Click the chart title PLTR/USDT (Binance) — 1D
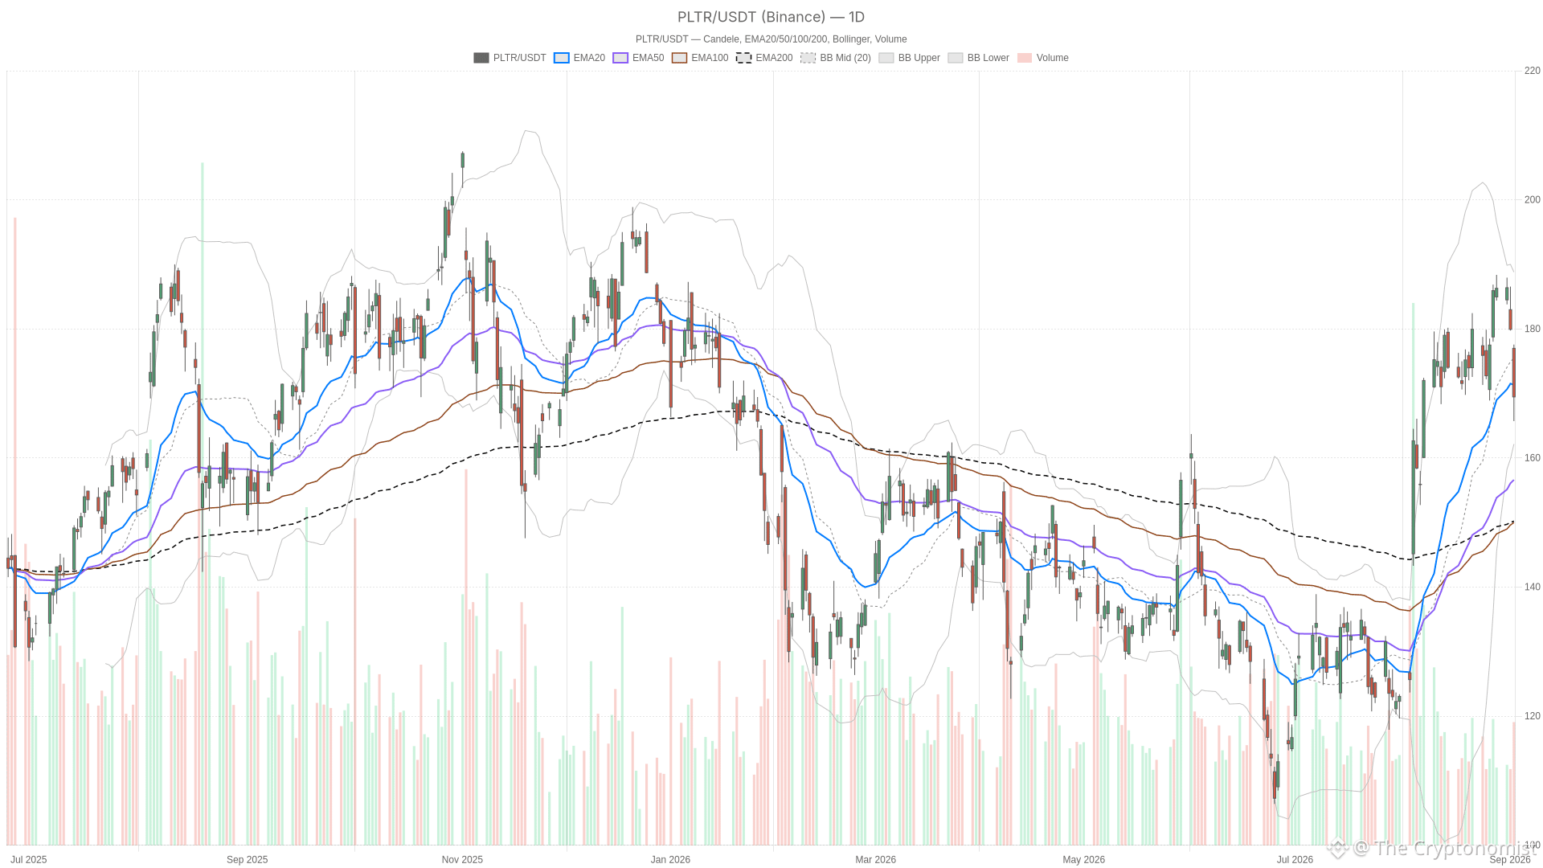pos(771,17)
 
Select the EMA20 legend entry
pos(579,58)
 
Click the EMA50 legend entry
pos(638,58)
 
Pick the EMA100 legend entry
pos(700,58)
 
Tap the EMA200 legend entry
pos(764,58)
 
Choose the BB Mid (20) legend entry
pos(836,58)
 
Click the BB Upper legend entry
pos(910,58)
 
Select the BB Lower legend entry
pos(979,58)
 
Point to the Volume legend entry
pos(1043,58)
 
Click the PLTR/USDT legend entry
pos(510,58)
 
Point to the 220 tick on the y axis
pos(1532,71)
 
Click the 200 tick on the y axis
pos(1532,200)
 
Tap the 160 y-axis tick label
pos(1532,458)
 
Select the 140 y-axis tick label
pos(1532,588)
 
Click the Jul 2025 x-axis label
pos(29,860)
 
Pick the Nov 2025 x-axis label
pos(462,860)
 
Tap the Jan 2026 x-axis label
pos(670,860)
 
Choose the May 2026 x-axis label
pos(1083,860)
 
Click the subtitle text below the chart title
pos(771,39)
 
